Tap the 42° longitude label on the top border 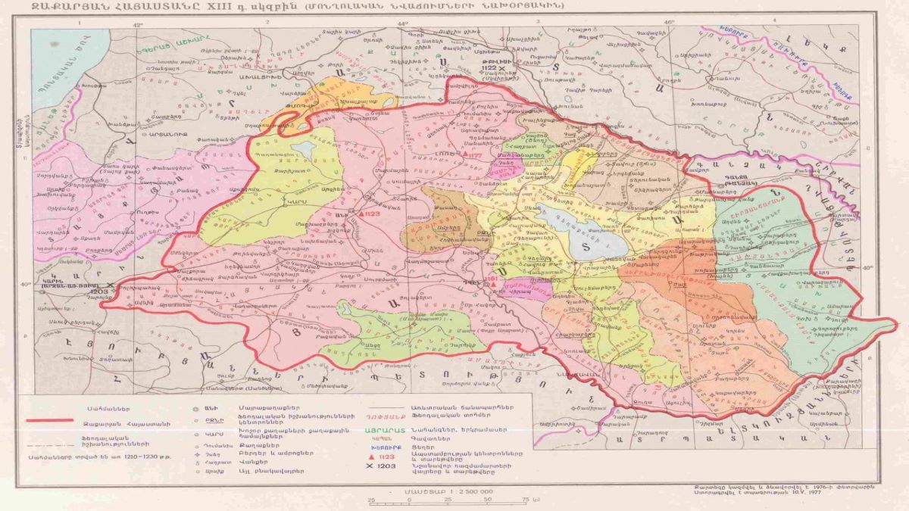[x=138, y=23]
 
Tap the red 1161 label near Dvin [x=493, y=279]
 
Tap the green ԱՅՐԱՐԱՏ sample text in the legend [x=388, y=427]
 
